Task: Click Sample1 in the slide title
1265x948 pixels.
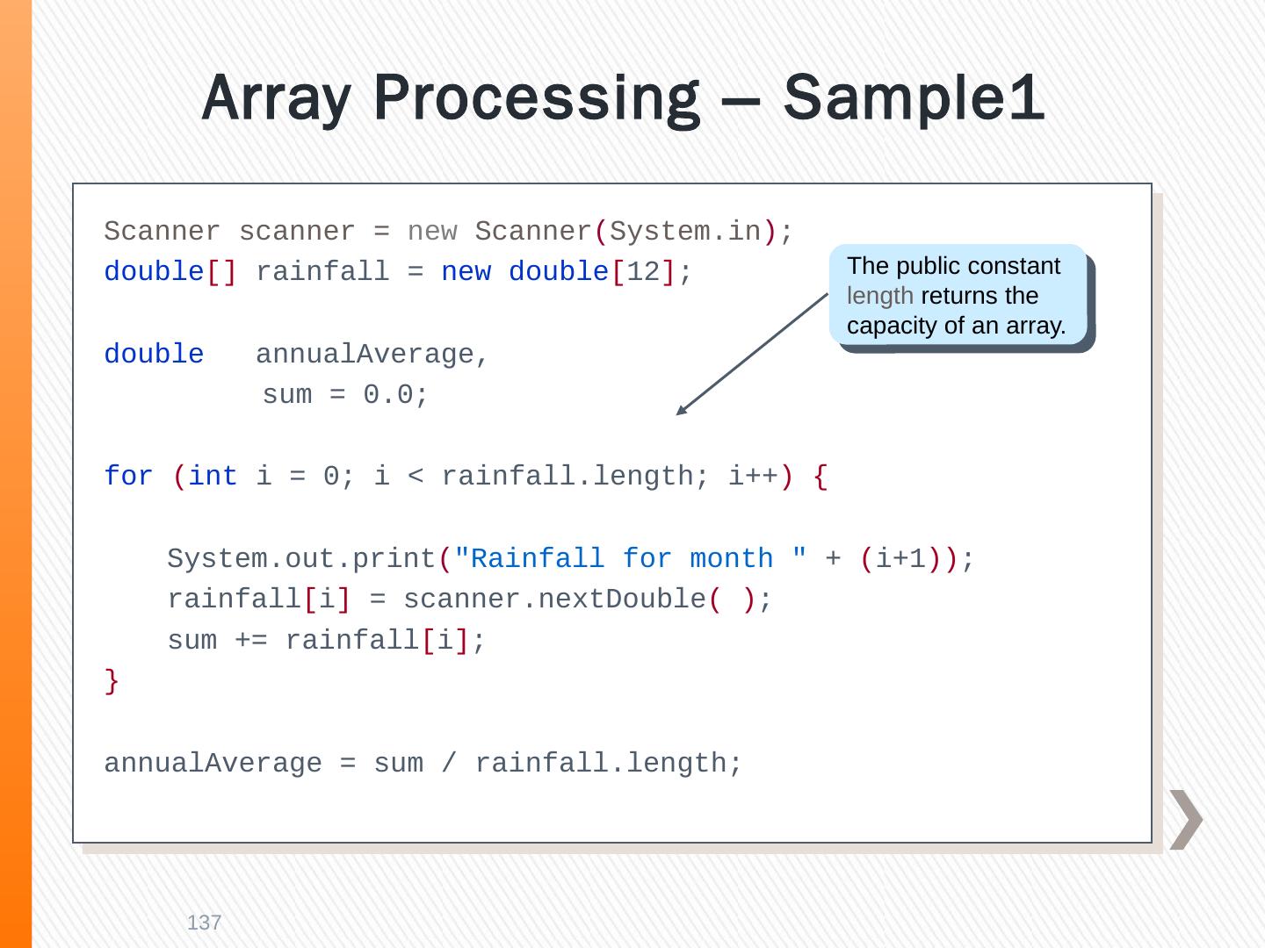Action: click(914, 98)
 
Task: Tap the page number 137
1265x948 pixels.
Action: click(205, 923)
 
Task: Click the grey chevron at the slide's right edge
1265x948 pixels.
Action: click(1185, 819)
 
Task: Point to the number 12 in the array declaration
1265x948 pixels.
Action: click(643, 272)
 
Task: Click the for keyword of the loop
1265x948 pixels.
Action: click(128, 477)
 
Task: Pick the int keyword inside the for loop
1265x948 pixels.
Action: click(213, 477)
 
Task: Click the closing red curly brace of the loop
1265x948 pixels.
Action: click(112, 680)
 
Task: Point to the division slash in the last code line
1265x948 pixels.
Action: click(450, 764)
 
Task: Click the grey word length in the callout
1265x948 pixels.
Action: click(879, 296)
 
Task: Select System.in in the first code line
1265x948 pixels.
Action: click(685, 232)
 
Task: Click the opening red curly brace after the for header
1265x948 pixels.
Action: click(820, 477)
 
